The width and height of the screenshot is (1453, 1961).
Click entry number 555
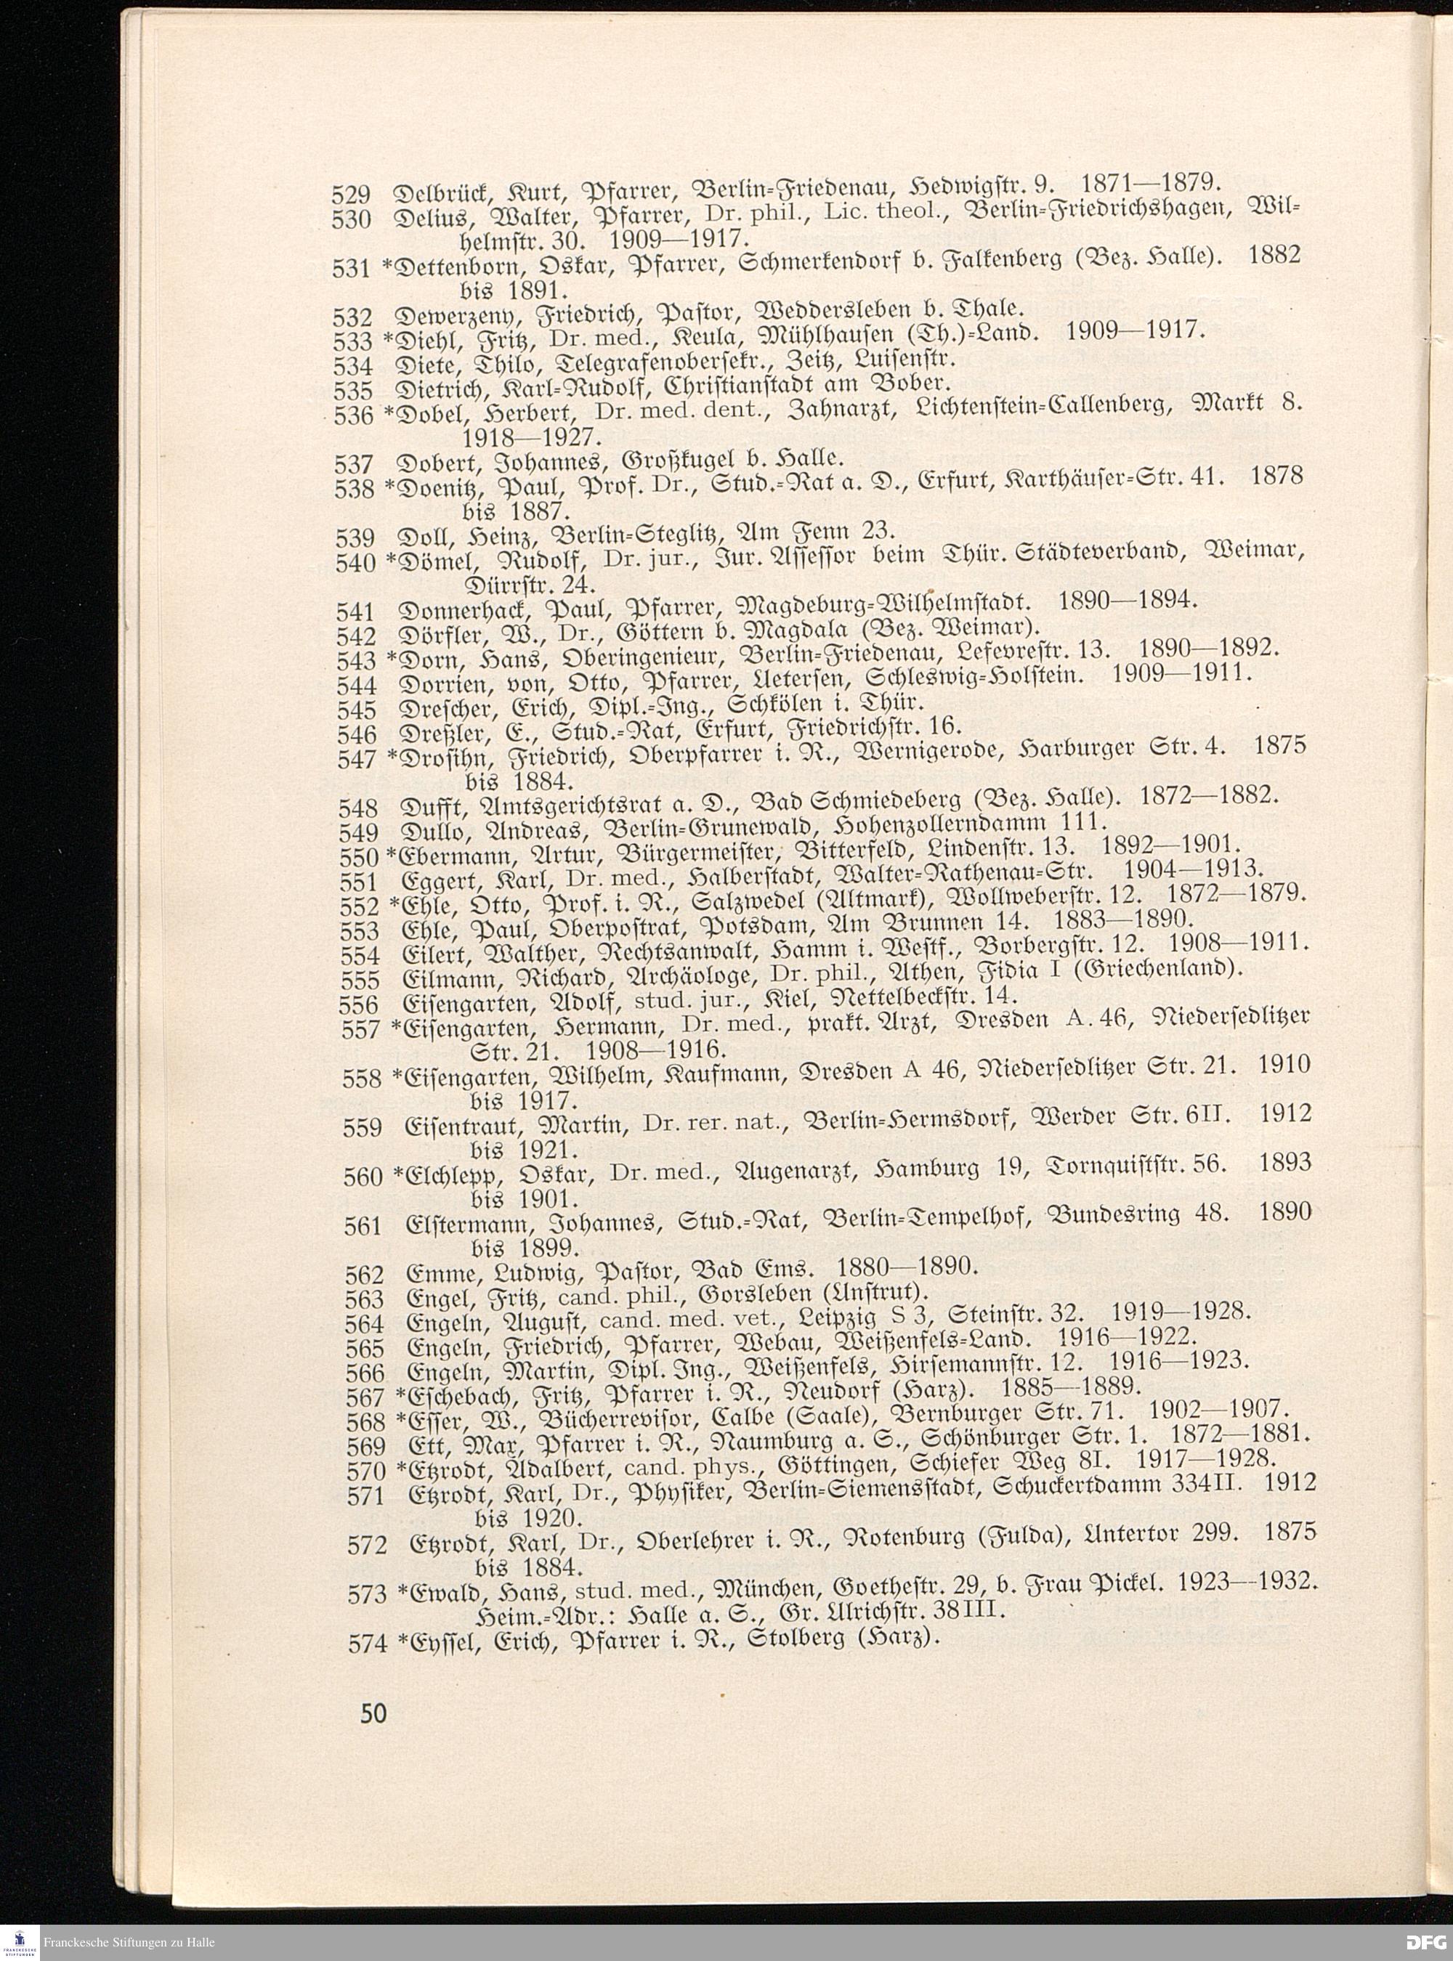(x=360, y=980)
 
